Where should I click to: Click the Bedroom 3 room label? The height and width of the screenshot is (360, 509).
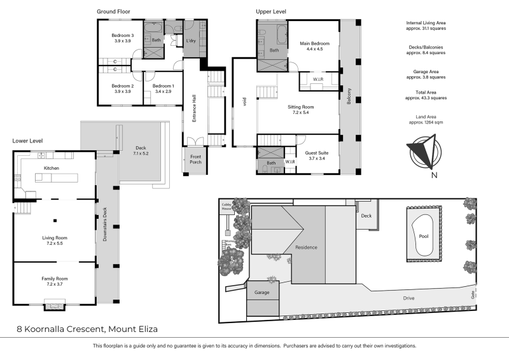click(x=123, y=35)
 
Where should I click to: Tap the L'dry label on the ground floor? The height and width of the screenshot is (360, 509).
click(x=191, y=41)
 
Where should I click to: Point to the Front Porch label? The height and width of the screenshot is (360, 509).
click(x=195, y=160)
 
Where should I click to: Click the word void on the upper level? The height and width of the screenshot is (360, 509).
click(x=244, y=100)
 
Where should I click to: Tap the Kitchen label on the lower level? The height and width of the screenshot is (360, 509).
click(x=51, y=168)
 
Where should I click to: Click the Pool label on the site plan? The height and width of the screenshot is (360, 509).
click(x=423, y=236)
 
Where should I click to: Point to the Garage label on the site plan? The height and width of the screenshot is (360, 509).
click(x=262, y=293)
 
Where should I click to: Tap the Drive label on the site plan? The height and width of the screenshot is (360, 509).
click(x=409, y=298)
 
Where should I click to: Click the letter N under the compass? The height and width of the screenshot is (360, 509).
click(x=434, y=176)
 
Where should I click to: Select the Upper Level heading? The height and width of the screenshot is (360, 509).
click(x=270, y=11)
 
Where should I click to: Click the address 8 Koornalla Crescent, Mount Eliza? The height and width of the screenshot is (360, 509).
click(x=87, y=329)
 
